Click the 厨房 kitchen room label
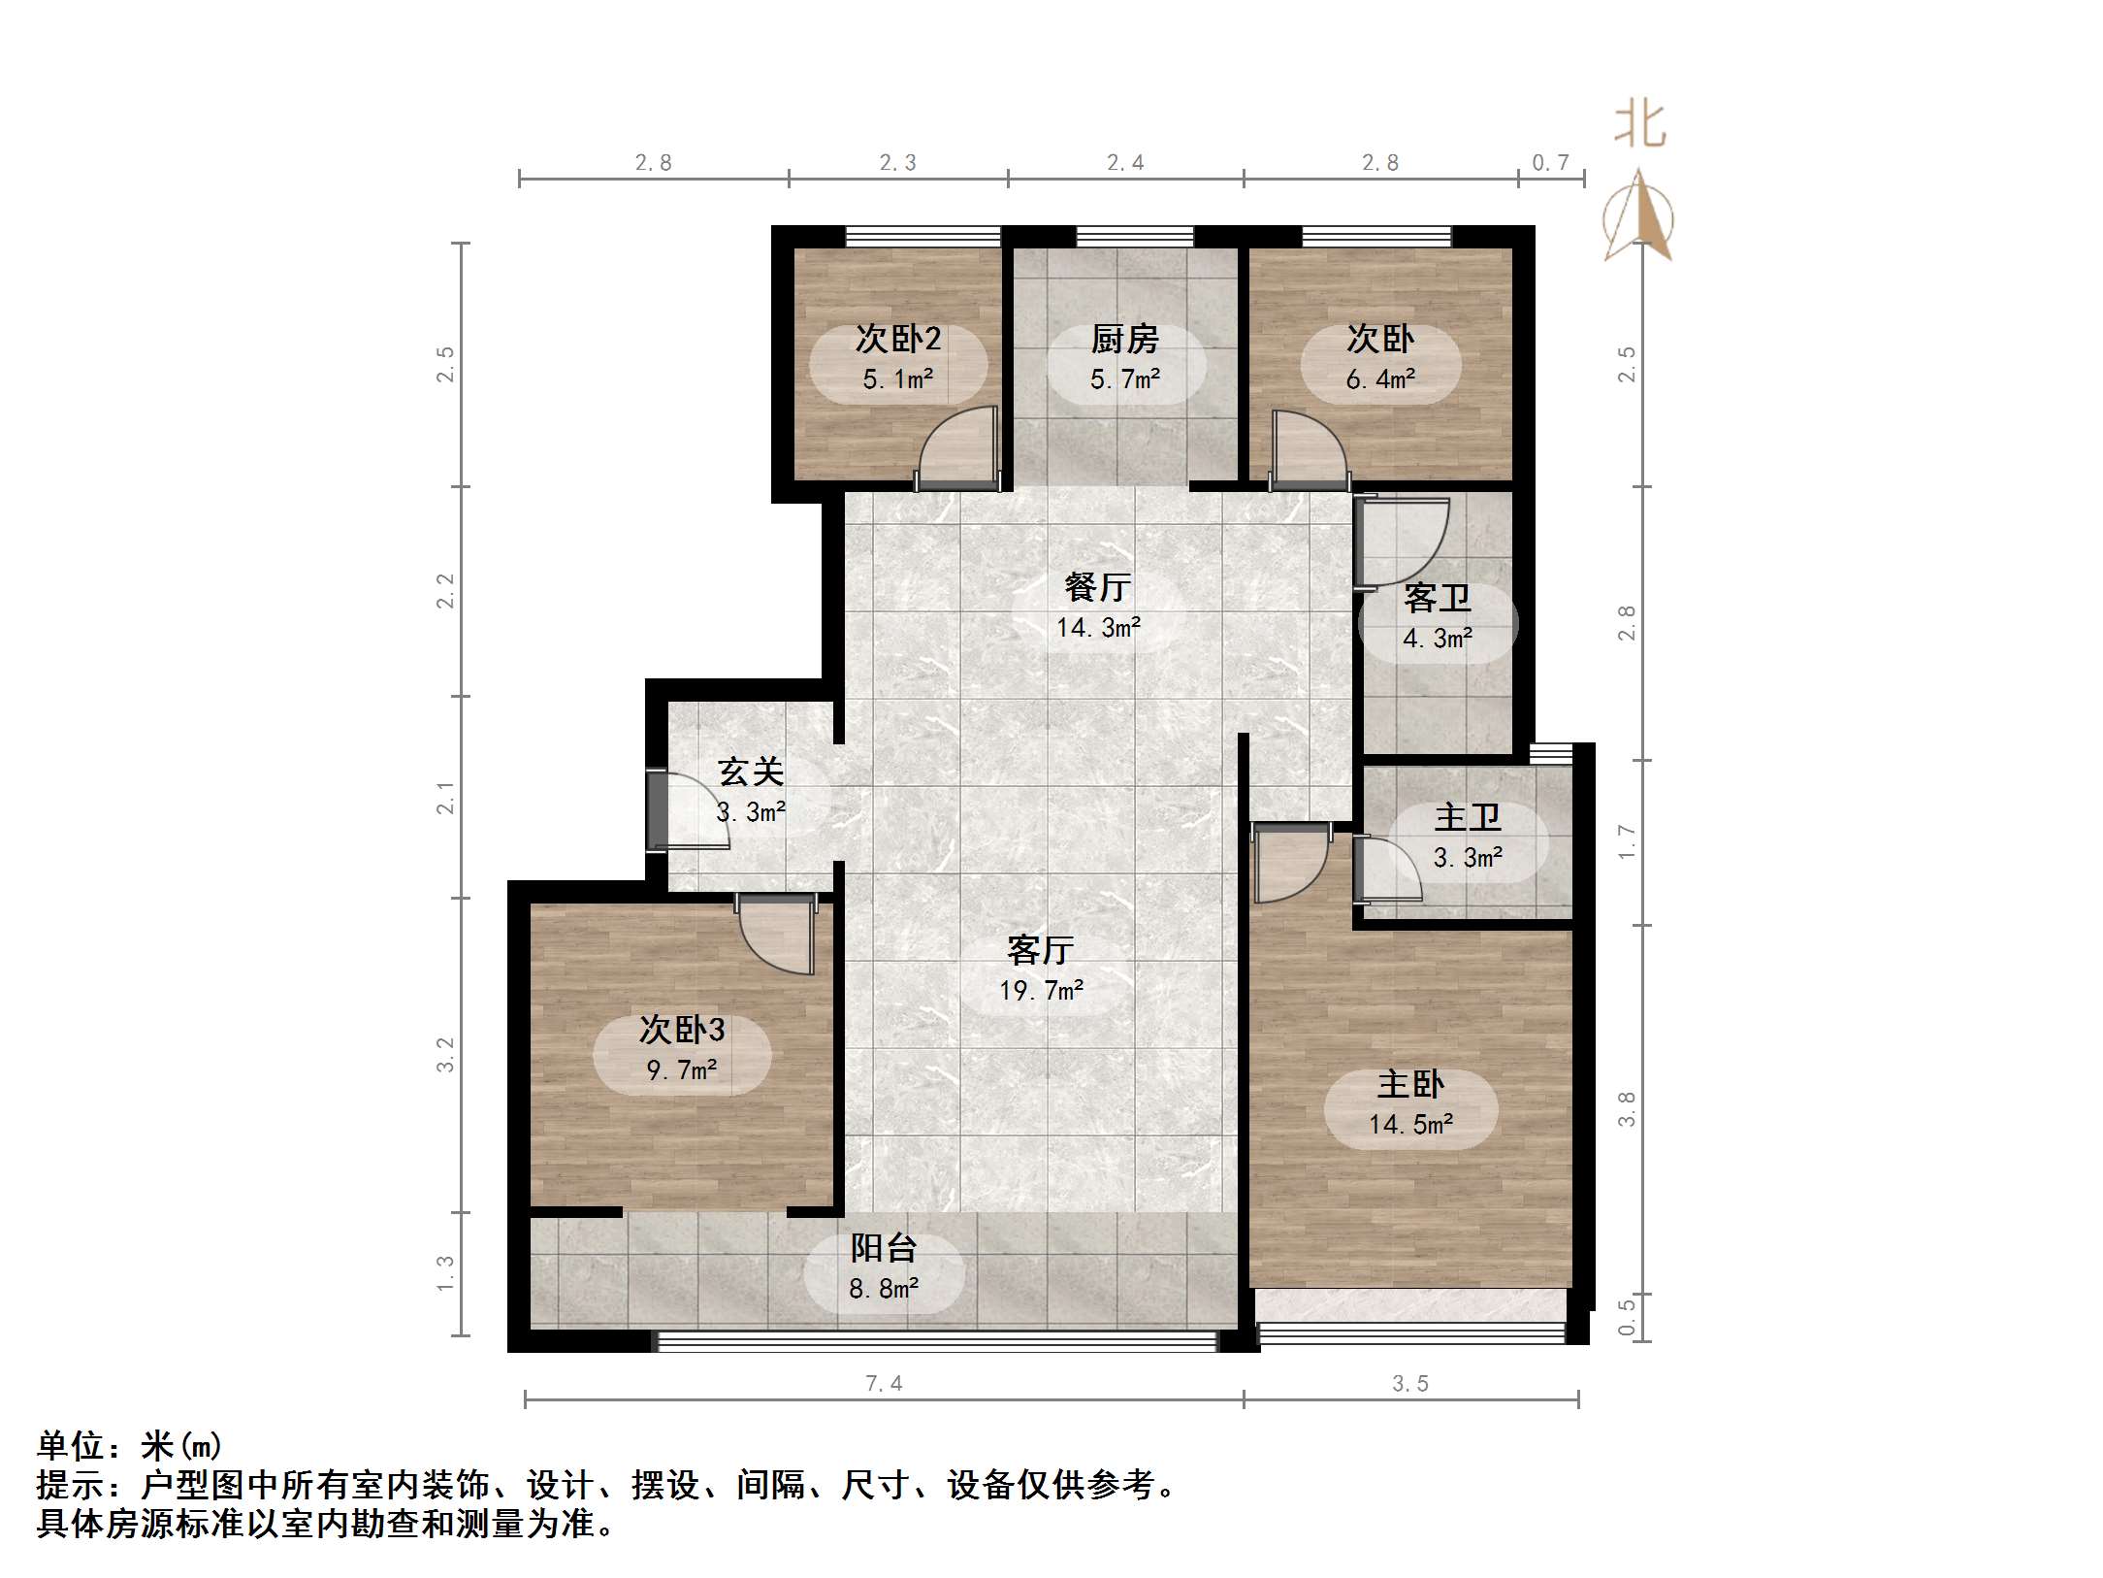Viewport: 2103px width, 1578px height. pyautogui.click(x=1124, y=340)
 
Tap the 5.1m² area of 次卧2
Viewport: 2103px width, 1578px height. pyautogui.click(x=897, y=378)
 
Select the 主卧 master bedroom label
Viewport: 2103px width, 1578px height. pyautogui.click(x=1410, y=1084)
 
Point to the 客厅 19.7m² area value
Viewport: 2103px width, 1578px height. pyautogui.click(x=1041, y=991)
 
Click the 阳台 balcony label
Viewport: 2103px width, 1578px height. pyautogui.click(x=884, y=1248)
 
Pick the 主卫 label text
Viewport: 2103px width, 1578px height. pyautogui.click(x=1467, y=817)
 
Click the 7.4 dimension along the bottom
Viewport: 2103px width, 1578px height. pyautogui.click(x=884, y=1384)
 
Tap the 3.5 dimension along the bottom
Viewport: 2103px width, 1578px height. pyautogui.click(x=1410, y=1384)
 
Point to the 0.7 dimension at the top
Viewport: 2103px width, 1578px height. pyautogui.click(x=1550, y=163)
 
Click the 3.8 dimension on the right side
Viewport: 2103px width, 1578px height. pyautogui.click(x=1627, y=1109)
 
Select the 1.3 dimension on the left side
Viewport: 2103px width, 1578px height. pyautogui.click(x=445, y=1273)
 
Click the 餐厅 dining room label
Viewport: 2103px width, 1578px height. pyautogui.click(x=1097, y=587)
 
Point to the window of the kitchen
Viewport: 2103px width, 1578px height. pyautogui.click(x=1134, y=236)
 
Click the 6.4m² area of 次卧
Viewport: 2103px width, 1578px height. pyautogui.click(x=1380, y=379)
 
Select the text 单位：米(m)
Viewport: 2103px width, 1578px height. pyautogui.click(x=130, y=1446)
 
